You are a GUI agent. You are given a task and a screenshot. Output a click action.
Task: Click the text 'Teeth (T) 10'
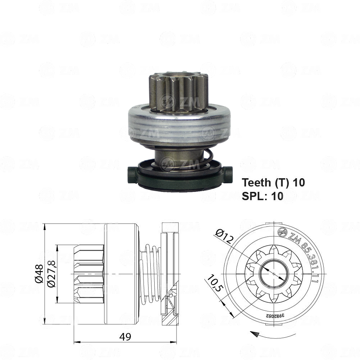click(x=273, y=183)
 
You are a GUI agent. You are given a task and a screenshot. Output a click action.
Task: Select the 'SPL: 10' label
click(x=263, y=196)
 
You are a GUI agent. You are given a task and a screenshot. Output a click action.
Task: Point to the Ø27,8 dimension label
click(x=51, y=274)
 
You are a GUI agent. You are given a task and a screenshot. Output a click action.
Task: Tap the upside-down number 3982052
click(x=275, y=315)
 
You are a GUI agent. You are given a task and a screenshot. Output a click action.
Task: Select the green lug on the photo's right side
click(x=227, y=172)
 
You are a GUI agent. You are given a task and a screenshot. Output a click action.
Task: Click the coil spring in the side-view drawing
click(x=151, y=274)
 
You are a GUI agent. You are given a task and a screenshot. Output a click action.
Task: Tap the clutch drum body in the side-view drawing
click(x=120, y=274)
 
